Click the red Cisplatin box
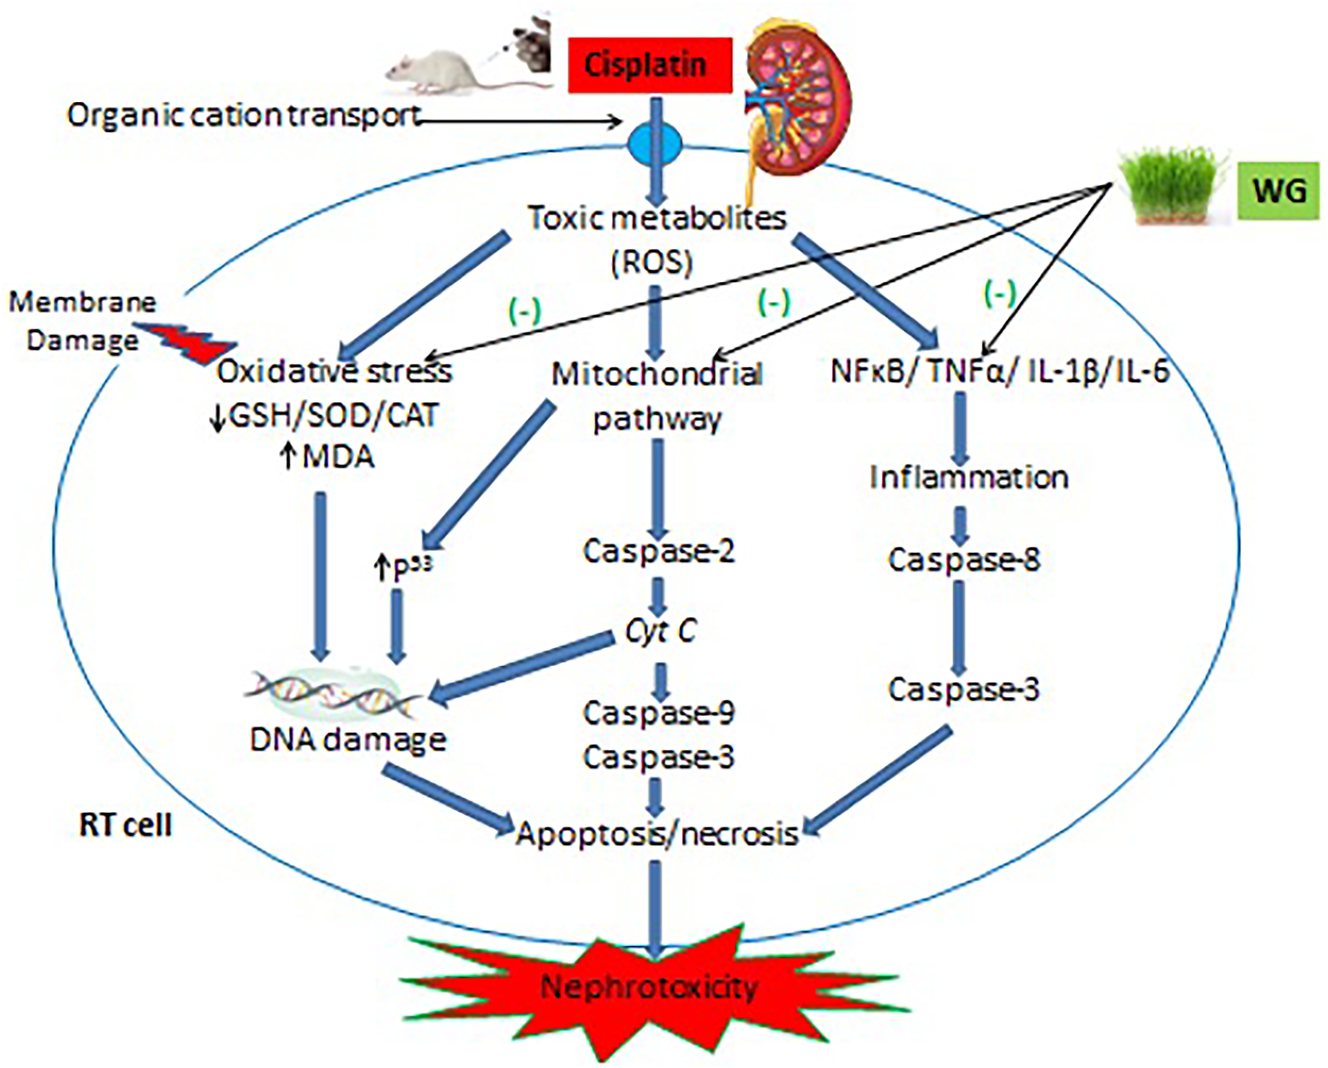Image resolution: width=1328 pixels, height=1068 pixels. click(650, 65)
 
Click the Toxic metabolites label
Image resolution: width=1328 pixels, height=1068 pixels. click(657, 217)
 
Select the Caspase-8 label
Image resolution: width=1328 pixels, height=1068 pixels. click(964, 559)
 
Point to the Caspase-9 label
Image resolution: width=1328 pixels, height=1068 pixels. click(658, 713)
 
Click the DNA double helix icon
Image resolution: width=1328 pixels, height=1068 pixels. click(333, 693)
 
